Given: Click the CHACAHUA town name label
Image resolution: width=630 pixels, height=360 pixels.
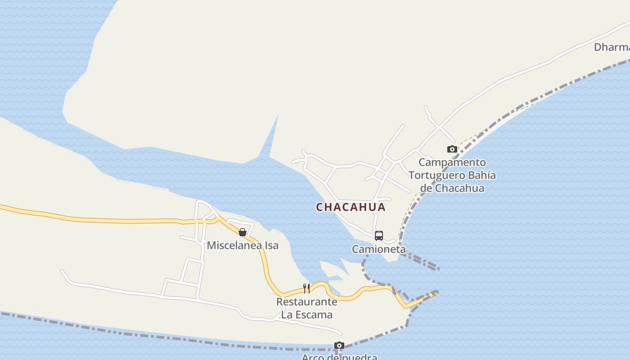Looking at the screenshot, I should pos(351,207).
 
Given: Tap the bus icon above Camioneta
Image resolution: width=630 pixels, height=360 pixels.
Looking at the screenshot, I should pos(379,235).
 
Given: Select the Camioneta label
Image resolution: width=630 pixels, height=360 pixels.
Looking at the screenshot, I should pos(378,249).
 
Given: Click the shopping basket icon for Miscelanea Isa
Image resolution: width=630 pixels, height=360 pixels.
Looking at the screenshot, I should pos(243,232).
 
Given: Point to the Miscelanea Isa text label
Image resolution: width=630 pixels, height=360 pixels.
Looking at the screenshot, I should pos(243,245).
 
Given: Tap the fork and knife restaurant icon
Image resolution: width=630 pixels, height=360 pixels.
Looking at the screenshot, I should pos(306,288).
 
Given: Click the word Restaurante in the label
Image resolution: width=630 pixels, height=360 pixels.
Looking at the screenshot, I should pos(306,301).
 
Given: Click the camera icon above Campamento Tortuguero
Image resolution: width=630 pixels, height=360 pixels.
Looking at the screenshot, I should pos(452,149).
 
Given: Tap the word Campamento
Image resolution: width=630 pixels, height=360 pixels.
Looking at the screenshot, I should pos(452,162).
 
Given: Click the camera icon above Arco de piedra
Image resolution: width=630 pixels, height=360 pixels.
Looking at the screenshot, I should pos(339,346).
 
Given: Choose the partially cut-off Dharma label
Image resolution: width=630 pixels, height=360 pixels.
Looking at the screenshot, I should pos(612,47).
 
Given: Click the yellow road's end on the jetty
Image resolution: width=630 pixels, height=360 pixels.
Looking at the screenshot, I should pos(435,293).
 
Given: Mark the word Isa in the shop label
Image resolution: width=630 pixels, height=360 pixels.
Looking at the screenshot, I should pos(270,245).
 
